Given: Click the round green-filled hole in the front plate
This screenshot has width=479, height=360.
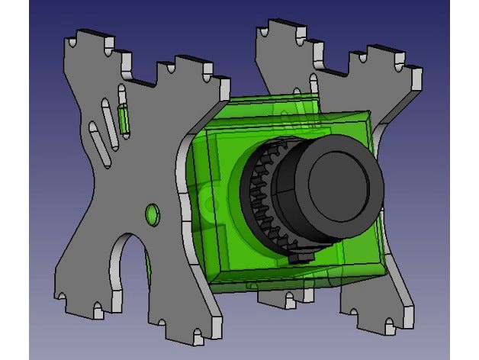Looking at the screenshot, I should click(x=152, y=214).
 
